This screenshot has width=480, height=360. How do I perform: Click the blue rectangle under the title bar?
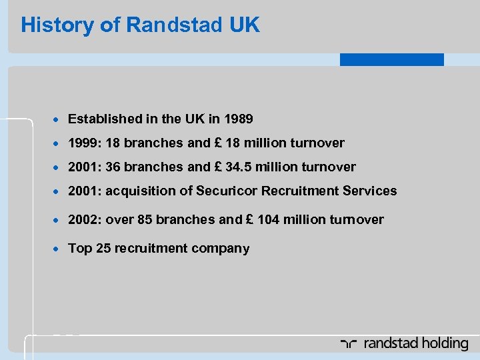coord(391,59)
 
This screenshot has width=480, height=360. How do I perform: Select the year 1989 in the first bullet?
coord(239,119)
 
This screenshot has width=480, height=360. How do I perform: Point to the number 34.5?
coord(251,167)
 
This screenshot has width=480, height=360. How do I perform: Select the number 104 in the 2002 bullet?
coord(267,219)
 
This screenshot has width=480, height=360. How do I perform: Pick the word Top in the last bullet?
coord(79,248)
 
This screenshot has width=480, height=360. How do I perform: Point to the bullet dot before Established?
coord(58,120)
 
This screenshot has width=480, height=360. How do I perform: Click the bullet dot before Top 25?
coord(58,249)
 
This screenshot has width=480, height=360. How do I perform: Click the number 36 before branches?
coord(112,167)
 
